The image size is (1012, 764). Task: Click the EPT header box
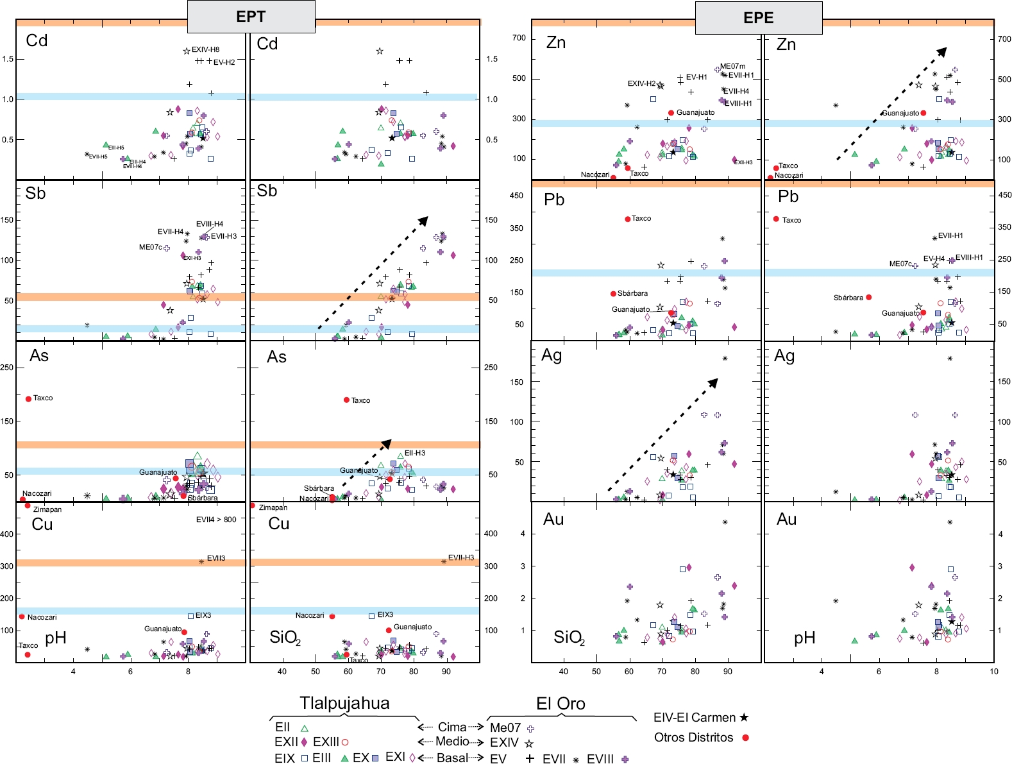point(251,17)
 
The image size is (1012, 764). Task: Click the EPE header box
point(758,18)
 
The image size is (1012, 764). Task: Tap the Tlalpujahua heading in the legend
point(344,703)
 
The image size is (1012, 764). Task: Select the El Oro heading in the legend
point(561,704)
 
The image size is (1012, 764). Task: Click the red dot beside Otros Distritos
point(745,738)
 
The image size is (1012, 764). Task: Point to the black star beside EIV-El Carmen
point(744,718)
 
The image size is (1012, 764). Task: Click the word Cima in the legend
point(451,727)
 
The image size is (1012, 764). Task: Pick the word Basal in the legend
point(452,758)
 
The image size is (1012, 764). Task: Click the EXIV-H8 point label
point(205,49)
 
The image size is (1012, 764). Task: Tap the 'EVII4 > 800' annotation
point(216,520)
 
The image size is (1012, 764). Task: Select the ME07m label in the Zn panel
point(732,66)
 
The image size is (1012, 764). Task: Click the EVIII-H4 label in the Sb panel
point(210,224)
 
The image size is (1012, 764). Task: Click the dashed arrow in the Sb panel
point(373,274)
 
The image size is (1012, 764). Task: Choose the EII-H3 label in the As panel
point(415,453)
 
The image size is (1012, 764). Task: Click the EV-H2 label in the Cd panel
point(224,62)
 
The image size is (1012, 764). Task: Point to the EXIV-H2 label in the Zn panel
point(641,83)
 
